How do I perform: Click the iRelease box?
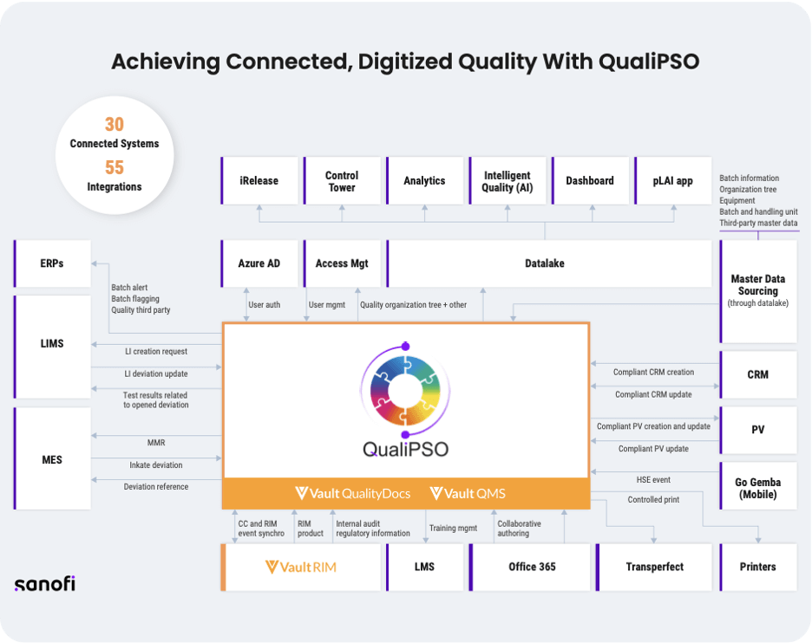(x=259, y=181)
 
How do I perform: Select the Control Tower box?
(x=342, y=181)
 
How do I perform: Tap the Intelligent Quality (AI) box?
(x=507, y=181)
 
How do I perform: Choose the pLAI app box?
(x=672, y=181)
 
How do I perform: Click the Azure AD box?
(x=259, y=263)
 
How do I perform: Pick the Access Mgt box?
(x=342, y=263)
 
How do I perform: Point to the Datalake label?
(x=545, y=263)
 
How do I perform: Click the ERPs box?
(x=52, y=263)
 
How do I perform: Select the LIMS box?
(x=52, y=344)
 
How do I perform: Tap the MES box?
(x=52, y=459)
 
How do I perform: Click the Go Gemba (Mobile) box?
(x=758, y=488)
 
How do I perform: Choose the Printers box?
(x=758, y=567)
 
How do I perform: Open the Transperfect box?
(x=654, y=567)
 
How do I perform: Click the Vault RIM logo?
(x=300, y=567)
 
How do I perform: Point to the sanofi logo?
(x=44, y=583)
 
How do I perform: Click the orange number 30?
(x=115, y=125)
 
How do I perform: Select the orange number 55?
(x=115, y=167)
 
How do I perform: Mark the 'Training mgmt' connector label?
(x=454, y=528)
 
